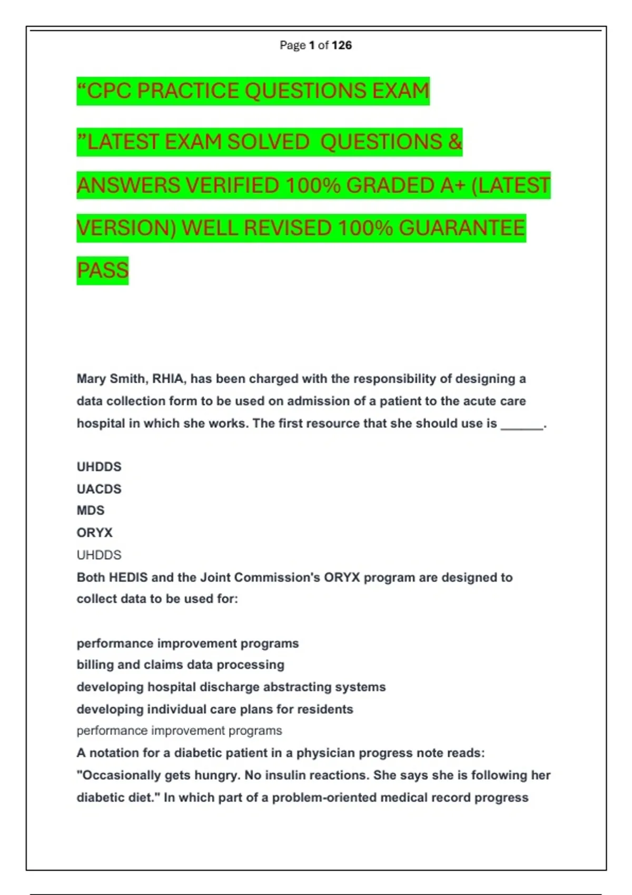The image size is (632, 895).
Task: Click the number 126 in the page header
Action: pos(342,45)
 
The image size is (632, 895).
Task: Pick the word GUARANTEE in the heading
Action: pos(462,228)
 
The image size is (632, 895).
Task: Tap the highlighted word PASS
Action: pos(103,271)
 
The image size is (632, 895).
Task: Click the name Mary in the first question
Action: pos(92,379)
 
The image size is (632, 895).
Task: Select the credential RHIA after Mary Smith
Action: pos(168,379)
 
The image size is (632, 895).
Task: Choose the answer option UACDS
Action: pos(99,489)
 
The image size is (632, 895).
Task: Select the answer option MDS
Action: pos(91,511)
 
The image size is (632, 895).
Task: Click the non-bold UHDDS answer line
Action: pos(99,555)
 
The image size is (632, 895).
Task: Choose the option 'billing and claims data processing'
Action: pos(180,665)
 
